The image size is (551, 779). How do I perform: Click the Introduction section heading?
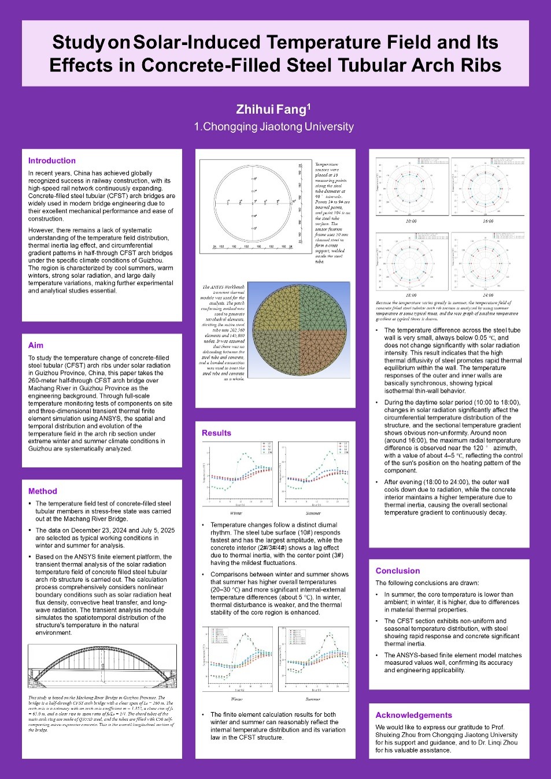(52, 161)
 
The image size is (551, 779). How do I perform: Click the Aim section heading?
(36, 345)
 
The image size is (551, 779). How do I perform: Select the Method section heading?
(43, 491)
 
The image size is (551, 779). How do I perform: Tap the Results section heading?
(216, 433)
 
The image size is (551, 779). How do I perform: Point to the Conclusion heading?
(398, 571)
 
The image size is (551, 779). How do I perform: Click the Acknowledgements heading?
(413, 715)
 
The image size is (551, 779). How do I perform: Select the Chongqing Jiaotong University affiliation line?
(274, 126)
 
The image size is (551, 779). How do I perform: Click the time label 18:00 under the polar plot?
(411, 295)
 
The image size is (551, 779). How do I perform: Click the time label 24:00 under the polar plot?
(488, 295)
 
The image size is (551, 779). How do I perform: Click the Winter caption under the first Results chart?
(236, 513)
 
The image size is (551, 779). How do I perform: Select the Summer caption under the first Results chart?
(313, 513)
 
